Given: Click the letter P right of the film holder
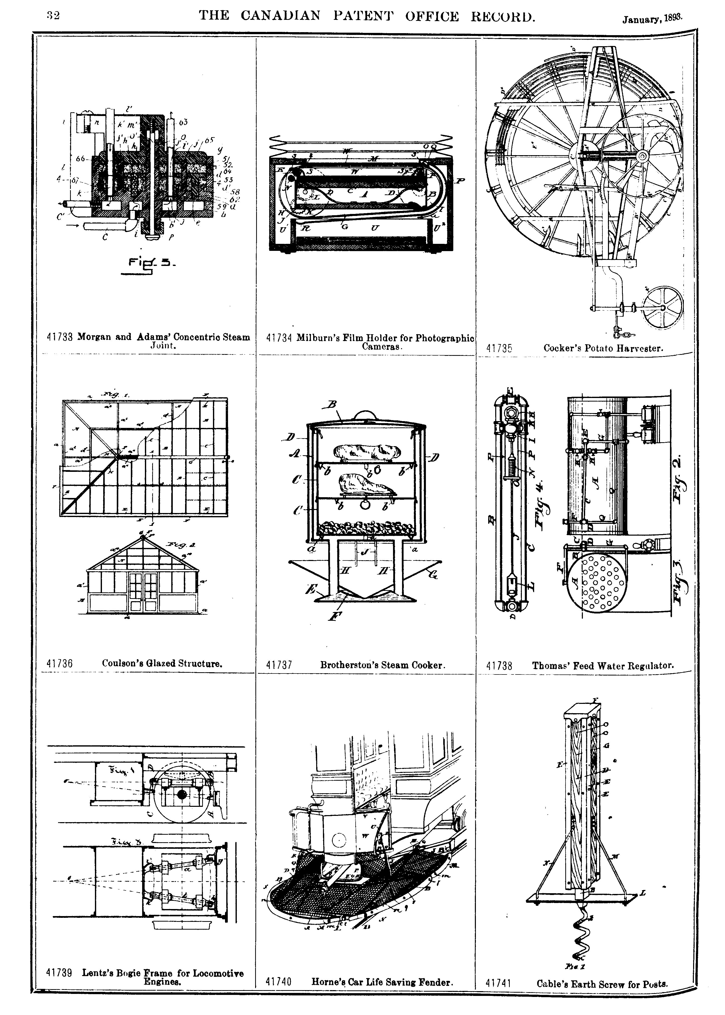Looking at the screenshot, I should point(461,181).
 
